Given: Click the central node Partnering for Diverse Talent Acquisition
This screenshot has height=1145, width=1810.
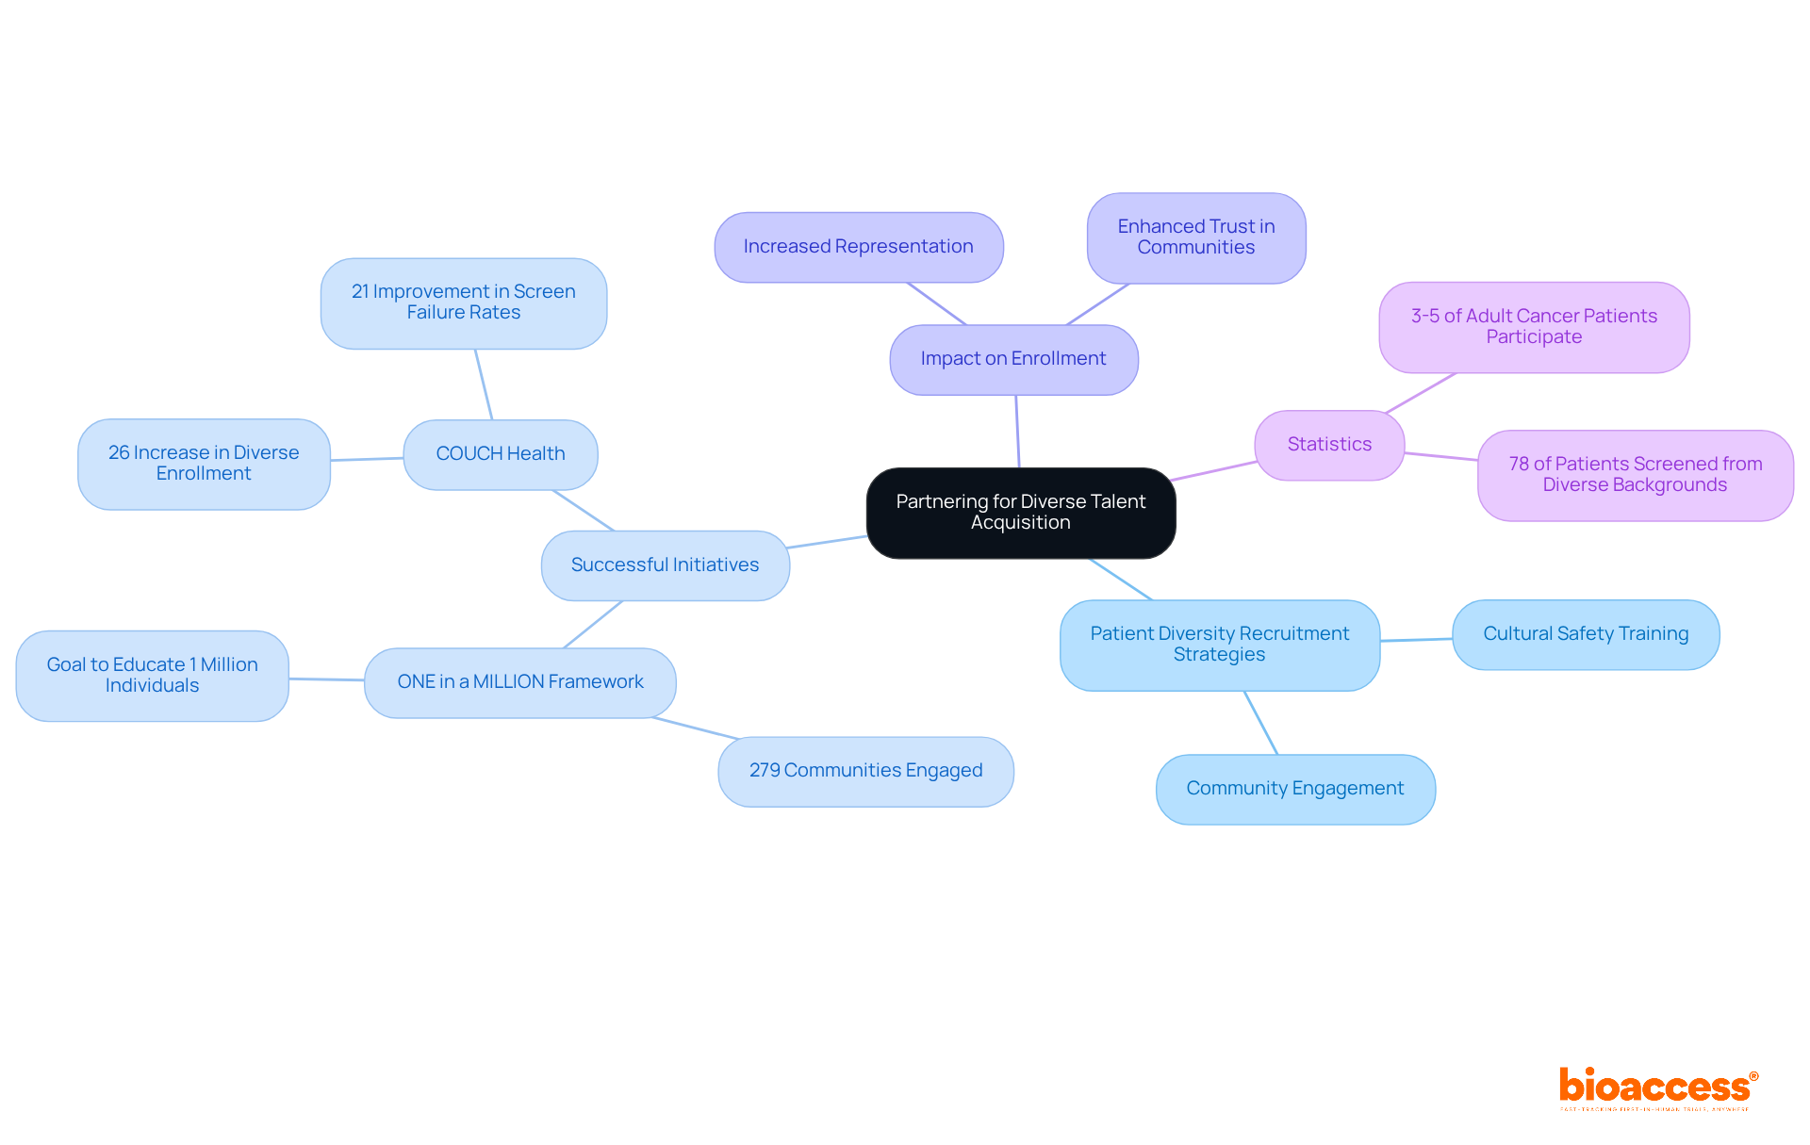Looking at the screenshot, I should coord(1020,513).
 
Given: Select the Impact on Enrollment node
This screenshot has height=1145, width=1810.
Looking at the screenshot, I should coord(1013,359).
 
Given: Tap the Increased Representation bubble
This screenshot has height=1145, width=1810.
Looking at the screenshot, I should coord(858,247).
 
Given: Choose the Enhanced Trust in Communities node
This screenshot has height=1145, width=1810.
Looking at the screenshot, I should coord(1195,237).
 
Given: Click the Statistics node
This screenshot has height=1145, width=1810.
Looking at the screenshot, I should coord(1329,445).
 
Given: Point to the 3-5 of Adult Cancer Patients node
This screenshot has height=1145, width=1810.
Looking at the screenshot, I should coord(1534,327).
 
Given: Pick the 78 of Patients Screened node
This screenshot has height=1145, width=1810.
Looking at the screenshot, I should coord(1635,475).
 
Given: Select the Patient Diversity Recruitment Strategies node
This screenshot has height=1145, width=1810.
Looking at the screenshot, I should coord(1219,645).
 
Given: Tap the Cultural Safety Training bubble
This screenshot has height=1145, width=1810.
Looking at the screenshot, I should coord(1585,634).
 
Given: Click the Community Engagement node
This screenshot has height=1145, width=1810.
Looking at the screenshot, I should coord(1294,789).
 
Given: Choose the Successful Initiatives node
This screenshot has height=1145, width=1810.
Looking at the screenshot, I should coord(665,565).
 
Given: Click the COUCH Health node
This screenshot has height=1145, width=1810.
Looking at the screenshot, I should coord(500,454).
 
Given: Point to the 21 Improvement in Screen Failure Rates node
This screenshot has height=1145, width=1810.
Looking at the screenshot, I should coord(463,303).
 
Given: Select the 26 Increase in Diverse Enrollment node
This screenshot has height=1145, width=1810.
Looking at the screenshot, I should coord(204,464).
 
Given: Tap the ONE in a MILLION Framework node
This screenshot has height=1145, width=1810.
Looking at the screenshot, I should coord(519,682).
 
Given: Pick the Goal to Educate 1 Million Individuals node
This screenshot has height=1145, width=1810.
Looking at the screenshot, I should coord(152,676).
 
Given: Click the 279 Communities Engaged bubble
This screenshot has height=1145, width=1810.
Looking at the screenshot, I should coord(865,771).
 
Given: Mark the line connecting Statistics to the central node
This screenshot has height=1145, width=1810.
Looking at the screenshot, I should coord(1214,471).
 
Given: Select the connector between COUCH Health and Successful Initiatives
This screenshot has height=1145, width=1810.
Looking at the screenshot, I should coord(583,510).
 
